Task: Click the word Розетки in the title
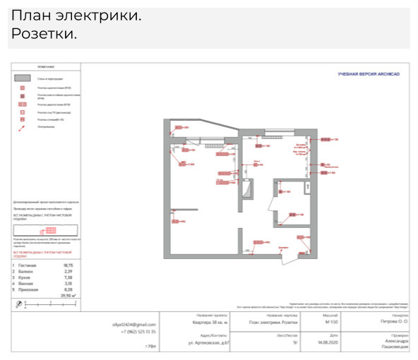44,34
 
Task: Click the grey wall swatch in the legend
23,78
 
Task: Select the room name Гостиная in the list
28,265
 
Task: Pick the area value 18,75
69,265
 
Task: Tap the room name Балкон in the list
25,271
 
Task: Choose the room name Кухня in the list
25,277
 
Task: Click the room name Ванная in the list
25,283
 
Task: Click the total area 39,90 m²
67,295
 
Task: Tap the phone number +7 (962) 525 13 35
138,331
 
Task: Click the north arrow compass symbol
19,304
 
